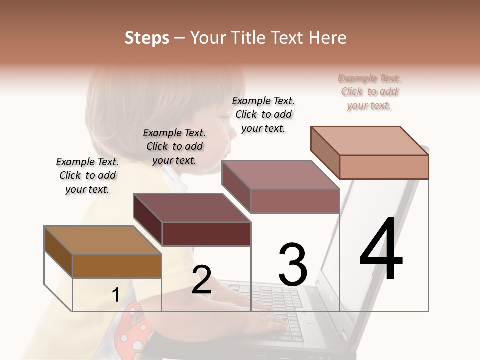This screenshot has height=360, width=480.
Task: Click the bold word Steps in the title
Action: [x=147, y=38]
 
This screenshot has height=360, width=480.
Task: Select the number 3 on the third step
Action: [x=293, y=264]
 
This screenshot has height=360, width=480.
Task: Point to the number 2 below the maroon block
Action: [x=201, y=280]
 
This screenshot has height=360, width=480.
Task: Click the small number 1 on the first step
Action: [x=115, y=295]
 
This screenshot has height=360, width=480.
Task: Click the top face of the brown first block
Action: [x=102, y=240]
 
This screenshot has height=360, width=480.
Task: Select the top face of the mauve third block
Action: [x=280, y=175]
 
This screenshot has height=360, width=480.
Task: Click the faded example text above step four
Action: [x=369, y=92]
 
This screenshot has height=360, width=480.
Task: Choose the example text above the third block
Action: [x=263, y=114]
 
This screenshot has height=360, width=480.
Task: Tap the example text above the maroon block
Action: [x=174, y=146]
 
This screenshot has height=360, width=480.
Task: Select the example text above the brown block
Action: [x=87, y=175]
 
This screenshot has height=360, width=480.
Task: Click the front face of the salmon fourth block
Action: [x=384, y=167]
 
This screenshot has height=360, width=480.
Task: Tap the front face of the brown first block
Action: [x=117, y=266]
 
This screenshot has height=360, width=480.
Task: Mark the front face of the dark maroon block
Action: [x=206, y=234]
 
